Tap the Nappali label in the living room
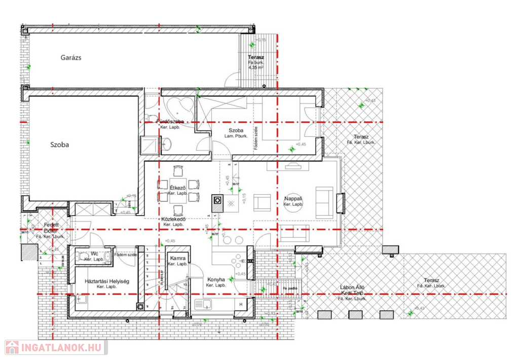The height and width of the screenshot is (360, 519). pos(293,199)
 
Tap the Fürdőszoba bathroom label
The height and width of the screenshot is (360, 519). pos(170,122)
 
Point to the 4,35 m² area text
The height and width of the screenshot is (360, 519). pos(256,67)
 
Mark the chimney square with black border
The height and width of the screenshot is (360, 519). pos(217,200)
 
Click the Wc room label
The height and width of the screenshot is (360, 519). pos(94,254)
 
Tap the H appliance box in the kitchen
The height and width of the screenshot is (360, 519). pos(241,304)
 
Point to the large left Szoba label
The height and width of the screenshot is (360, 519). pos(59,145)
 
